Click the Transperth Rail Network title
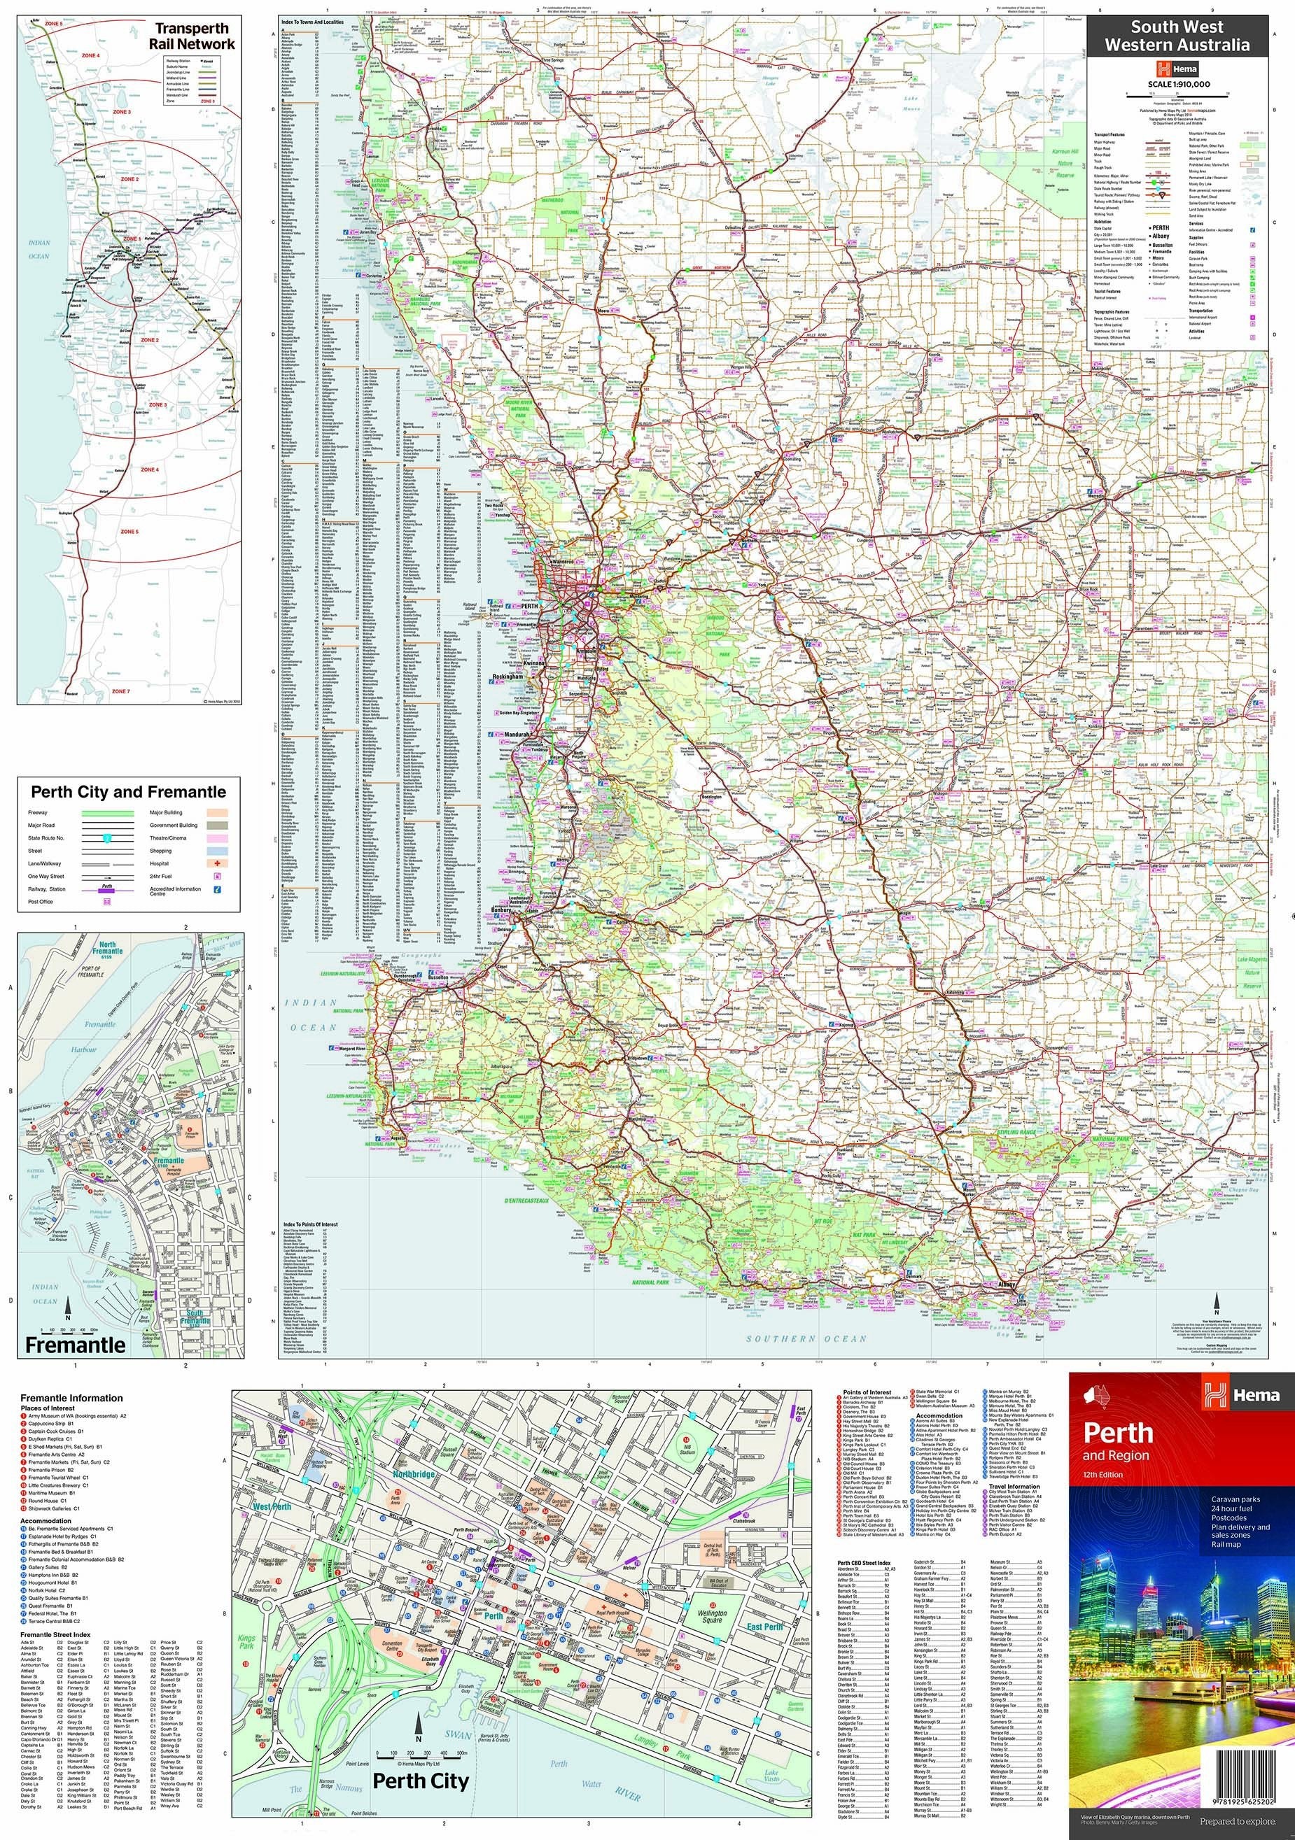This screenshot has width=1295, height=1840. click(x=192, y=36)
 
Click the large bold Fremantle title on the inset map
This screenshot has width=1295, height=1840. click(x=75, y=1344)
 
